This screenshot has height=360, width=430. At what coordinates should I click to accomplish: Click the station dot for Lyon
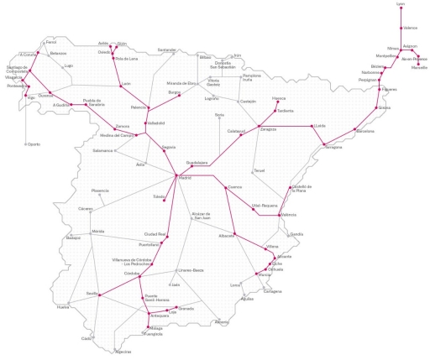(406, 11)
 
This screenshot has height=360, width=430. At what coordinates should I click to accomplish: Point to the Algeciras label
(123, 352)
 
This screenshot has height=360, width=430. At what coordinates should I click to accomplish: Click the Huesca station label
(256, 98)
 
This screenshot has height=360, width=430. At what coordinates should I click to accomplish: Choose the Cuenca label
(234, 187)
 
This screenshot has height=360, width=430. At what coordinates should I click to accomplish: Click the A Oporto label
(32, 144)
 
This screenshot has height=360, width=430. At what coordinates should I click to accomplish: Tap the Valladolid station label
(156, 123)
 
